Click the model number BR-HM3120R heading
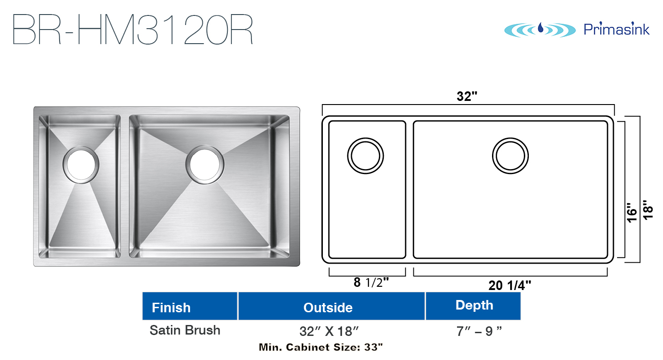pyautogui.click(x=133, y=30)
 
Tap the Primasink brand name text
pyautogui.click(x=617, y=29)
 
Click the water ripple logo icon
pyautogui.click(x=540, y=30)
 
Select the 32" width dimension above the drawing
pyautogui.click(x=467, y=96)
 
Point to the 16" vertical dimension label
pyautogui.click(x=632, y=213)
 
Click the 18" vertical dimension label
pyautogui.click(x=648, y=210)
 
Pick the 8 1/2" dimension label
pyautogui.click(x=371, y=282)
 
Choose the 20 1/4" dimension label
pyautogui.click(x=510, y=285)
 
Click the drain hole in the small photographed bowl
pyautogui.click(x=81, y=165)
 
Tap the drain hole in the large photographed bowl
pyautogui.click(x=205, y=165)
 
